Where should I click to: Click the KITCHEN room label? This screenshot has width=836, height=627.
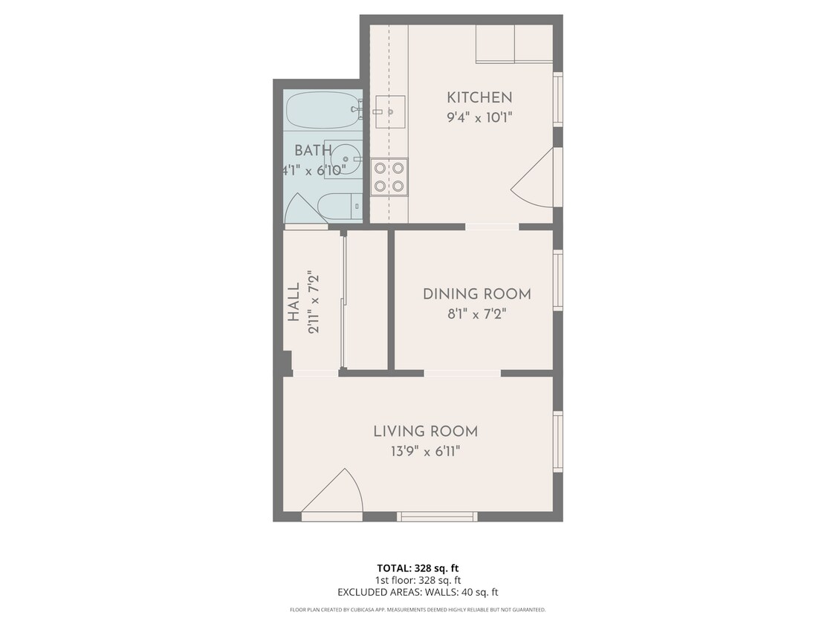pyautogui.click(x=479, y=97)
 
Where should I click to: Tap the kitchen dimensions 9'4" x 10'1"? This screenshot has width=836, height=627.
pyautogui.click(x=479, y=117)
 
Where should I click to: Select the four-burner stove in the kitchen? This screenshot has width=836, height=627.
pyautogui.click(x=389, y=177)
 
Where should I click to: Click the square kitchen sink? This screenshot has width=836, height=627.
pyautogui.click(x=389, y=112)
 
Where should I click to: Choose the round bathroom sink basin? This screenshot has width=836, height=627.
pyautogui.click(x=345, y=157)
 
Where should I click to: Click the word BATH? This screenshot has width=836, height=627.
pyautogui.click(x=313, y=151)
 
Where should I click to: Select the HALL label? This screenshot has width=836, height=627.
pyautogui.click(x=294, y=302)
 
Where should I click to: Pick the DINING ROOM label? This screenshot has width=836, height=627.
pyautogui.click(x=476, y=293)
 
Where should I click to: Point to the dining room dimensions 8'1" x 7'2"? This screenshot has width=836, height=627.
pyautogui.click(x=476, y=313)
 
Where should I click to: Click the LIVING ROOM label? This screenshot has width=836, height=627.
pyautogui.click(x=425, y=431)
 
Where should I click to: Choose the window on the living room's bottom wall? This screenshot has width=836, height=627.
pyautogui.click(x=436, y=516)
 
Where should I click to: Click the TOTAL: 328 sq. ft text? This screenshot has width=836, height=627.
pyautogui.click(x=417, y=568)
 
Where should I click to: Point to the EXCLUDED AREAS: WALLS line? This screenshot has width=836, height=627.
pyautogui.click(x=417, y=592)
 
